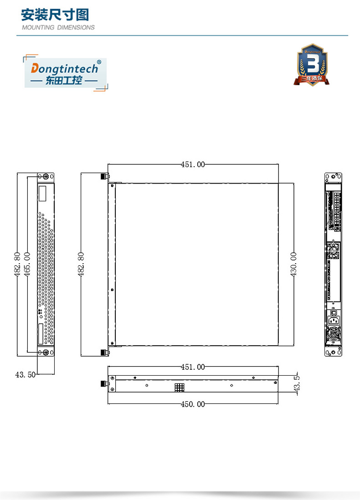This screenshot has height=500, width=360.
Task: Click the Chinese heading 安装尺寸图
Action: coord(55,15)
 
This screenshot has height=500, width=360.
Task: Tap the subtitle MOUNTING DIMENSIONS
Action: coord(58,27)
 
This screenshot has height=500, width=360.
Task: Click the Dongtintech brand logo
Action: coord(65,73)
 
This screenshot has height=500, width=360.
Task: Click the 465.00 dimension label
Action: coord(27,264)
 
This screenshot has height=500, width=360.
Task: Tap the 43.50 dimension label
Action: coord(25,375)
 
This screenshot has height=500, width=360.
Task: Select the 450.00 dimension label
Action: coord(193,404)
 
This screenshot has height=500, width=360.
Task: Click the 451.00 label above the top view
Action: coord(193,164)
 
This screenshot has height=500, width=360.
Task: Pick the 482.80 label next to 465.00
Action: coord(17,264)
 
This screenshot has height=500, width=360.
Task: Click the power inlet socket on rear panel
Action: coord(334,321)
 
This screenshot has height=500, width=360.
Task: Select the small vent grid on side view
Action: coord(179,387)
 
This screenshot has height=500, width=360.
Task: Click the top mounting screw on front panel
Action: coord(45,177)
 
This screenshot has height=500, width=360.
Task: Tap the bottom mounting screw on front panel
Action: coord(45,352)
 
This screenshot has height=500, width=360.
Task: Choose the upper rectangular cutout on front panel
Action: coord(42,194)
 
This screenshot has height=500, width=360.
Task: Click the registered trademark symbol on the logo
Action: coord(99,61)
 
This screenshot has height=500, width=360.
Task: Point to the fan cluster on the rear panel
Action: coord(333,252)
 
